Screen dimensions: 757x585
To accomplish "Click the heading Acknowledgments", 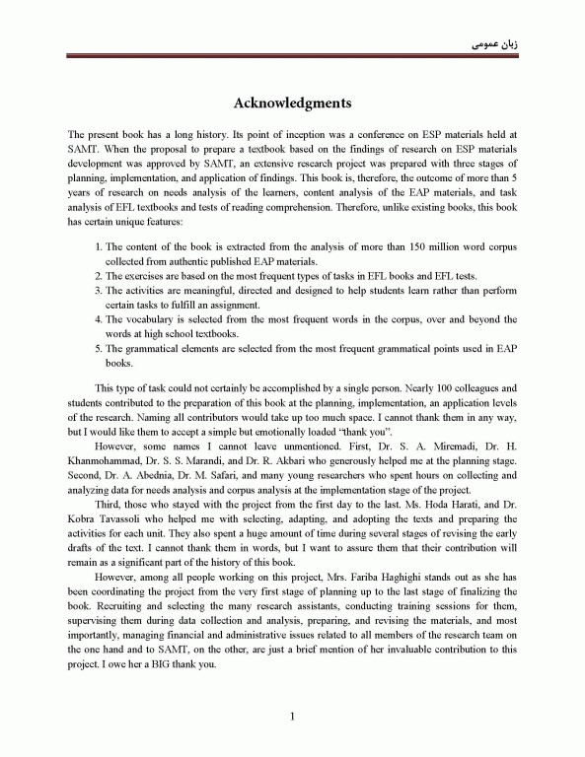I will pos(292,102).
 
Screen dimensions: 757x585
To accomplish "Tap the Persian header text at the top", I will pos(491,44).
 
